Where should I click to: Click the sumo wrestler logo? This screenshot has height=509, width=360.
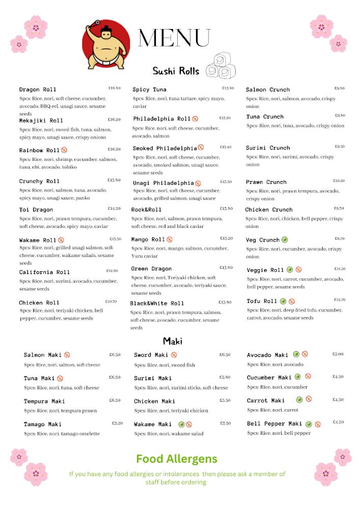(105, 44)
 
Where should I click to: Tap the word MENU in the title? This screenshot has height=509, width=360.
(174, 38)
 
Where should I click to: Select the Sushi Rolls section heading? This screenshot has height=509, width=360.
(176, 70)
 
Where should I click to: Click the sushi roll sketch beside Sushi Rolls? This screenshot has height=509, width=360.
(221, 66)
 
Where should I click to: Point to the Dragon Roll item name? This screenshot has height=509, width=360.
(38, 90)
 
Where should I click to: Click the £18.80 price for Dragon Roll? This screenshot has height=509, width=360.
(114, 88)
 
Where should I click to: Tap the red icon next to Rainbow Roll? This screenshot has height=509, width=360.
(64, 150)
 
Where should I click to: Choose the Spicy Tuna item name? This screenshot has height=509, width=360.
(150, 90)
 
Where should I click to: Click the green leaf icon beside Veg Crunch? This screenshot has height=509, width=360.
(285, 240)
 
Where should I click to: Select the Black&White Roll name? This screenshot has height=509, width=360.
(157, 303)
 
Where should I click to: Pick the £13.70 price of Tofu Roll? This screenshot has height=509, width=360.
(340, 300)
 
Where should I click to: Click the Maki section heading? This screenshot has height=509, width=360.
(173, 341)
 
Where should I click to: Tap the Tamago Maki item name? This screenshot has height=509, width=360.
(42, 425)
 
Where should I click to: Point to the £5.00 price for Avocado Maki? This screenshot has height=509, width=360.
(338, 354)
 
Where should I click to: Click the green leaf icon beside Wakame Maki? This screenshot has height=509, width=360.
(181, 424)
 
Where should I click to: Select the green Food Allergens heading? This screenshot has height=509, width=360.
(176, 459)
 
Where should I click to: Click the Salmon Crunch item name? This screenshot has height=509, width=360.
(268, 90)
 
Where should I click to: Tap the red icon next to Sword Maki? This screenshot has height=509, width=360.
(174, 355)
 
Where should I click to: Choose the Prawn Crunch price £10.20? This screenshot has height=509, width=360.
(339, 181)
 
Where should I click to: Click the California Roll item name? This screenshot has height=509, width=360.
(44, 272)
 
